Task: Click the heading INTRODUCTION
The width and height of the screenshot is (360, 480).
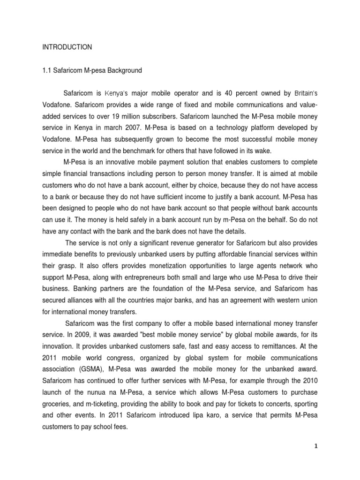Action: pos(67,47)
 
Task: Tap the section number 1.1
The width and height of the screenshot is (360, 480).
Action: pos(47,71)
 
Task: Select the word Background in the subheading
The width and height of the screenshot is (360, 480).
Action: pos(124,71)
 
